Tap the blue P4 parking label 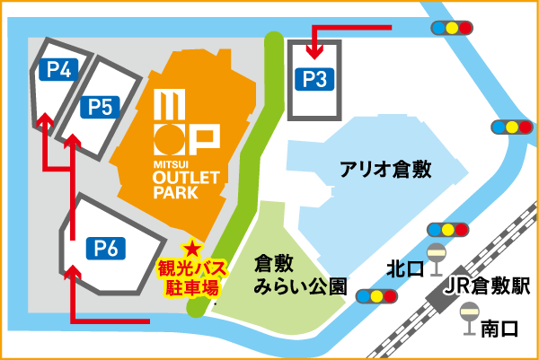(62, 68)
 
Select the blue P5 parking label (101, 108)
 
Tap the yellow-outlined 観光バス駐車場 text (191, 279)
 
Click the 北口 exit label (401, 268)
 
